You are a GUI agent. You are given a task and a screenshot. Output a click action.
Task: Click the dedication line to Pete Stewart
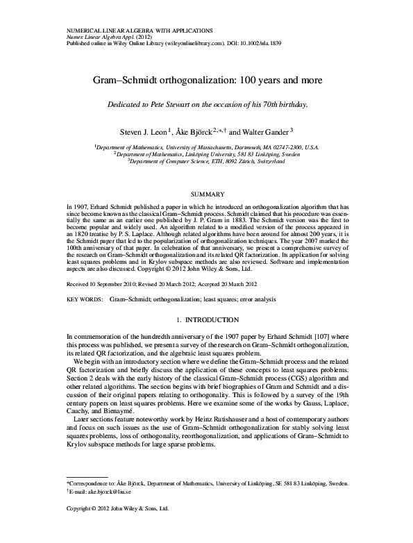pos(206,104)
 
